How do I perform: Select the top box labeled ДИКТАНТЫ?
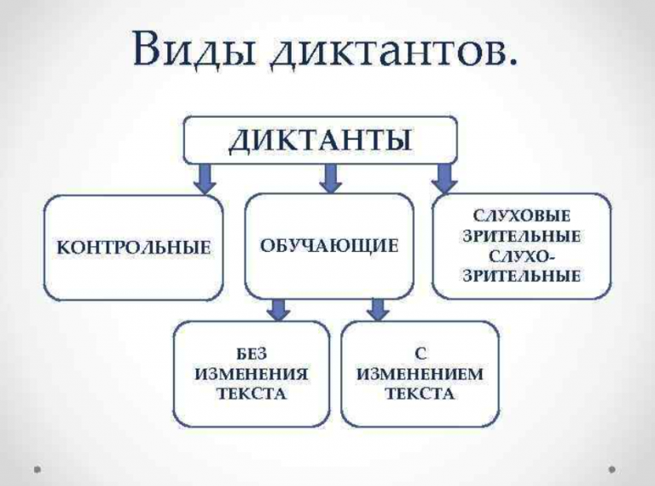coord(321,138)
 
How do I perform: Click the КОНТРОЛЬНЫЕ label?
coord(133,248)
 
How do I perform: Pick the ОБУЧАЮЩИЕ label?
coord(329,247)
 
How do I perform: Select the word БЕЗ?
coord(251,354)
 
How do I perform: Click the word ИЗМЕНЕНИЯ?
coord(251,374)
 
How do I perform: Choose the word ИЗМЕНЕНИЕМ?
coord(420,374)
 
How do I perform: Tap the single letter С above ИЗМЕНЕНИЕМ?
coord(420,354)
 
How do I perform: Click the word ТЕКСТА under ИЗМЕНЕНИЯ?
coord(251,395)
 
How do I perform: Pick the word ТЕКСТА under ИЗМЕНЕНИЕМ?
coord(420,395)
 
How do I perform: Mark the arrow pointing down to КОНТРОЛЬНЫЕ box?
coord(205,177)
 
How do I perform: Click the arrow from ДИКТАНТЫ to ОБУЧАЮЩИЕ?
coord(332,177)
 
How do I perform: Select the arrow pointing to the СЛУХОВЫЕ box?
coord(443,177)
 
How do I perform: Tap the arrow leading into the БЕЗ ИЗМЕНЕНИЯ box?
coord(275,308)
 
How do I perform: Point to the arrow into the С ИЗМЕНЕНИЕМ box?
coord(376,308)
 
